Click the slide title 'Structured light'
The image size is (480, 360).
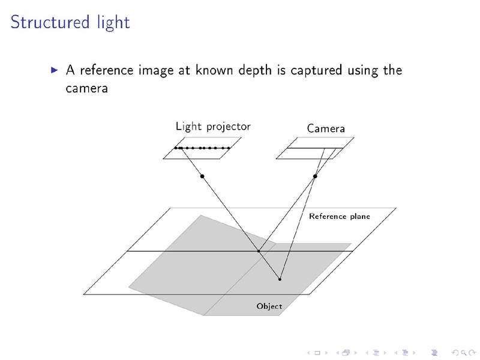click(x=70, y=23)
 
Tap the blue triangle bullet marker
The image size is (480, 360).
click(x=55, y=70)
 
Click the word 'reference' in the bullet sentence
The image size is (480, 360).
click(x=107, y=70)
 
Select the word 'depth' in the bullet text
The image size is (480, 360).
click(x=254, y=70)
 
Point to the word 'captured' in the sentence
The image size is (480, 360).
click(x=316, y=71)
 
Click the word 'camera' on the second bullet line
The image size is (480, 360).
click(x=86, y=88)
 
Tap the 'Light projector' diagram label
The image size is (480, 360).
click(x=213, y=127)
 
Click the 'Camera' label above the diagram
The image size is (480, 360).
click(x=326, y=128)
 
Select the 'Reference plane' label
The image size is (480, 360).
click(x=340, y=217)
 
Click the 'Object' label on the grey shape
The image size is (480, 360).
click(x=269, y=306)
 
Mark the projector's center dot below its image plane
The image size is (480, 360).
click(x=202, y=176)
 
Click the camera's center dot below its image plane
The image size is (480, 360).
click(x=315, y=176)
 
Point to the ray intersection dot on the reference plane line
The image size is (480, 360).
click(x=259, y=251)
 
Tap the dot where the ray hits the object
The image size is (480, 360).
click(x=280, y=279)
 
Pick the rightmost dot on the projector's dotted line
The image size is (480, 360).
click(x=229, y=148)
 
